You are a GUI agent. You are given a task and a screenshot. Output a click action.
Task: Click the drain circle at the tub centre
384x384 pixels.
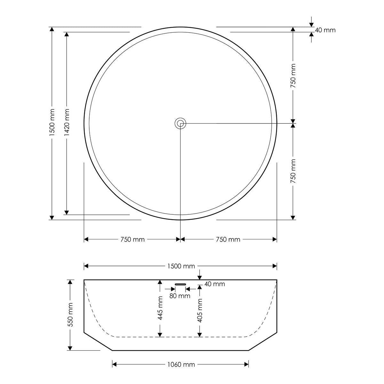pos(180,124)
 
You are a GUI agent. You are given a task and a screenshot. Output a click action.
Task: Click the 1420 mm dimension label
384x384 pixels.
pos(67,123)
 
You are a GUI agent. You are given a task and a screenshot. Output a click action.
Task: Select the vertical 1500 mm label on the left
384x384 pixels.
pos(52,123)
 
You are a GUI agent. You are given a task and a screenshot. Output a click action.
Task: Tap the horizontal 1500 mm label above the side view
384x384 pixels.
pos(181,266)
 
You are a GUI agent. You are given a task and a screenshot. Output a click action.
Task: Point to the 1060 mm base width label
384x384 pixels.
pos(181,364)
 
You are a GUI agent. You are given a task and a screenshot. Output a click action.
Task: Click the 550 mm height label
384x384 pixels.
pos(70,315)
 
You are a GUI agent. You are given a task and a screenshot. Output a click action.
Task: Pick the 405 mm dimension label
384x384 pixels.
pos(199,310)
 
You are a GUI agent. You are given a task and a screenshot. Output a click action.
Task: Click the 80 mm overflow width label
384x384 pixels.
pos(180,296)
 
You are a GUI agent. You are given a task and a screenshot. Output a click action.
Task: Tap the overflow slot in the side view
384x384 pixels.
pos(180,284)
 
